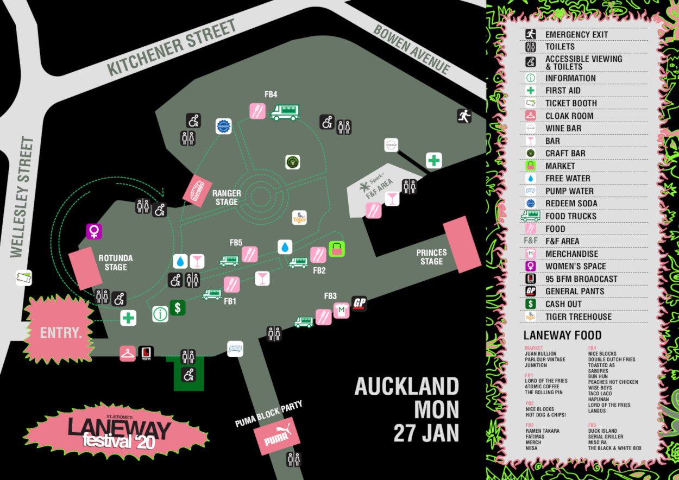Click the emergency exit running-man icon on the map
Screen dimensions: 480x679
coord(464,116)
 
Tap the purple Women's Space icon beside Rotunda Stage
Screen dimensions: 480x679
coord(94,231)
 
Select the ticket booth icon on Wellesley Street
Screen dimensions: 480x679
coord(24,277)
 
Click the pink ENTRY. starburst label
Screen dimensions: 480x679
coord(60,332)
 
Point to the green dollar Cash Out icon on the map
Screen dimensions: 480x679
coord(177,308)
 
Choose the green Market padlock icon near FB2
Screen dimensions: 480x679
coord(337,249)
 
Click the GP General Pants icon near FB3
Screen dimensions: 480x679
coord(359,304)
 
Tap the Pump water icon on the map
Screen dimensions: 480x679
coord(235,349)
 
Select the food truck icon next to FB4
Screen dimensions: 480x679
coord(285,112)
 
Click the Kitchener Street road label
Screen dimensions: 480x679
coord(172,47)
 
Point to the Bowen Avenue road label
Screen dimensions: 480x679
coord(412,49)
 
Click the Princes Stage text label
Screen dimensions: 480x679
coord(431,257)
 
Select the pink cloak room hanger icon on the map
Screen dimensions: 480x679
coord(128,353)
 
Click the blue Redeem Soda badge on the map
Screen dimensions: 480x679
coord(223,127)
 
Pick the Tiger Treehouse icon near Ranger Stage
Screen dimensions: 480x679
coord(299,218)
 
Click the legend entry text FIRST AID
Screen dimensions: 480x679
coord(563,91)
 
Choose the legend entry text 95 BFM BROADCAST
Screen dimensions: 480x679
coord(581,279)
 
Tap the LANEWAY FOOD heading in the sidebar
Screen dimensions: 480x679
coord(562,336)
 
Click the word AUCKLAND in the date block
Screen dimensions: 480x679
coord(406,387)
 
